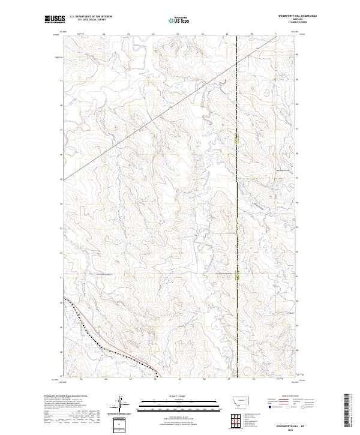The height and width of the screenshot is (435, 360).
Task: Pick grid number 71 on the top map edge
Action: (x=275, y=34)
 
